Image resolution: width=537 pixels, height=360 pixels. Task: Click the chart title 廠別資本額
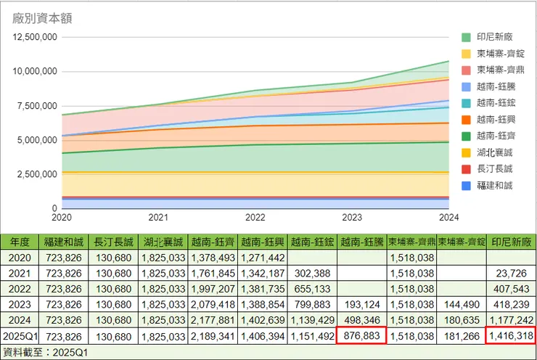[x=42, y=18]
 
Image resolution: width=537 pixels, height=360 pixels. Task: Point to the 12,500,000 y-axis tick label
[x=34, y=37]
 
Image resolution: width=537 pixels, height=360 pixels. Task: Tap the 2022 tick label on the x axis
[x=255, y=217]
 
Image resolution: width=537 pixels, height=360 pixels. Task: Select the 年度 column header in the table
[x=19, y=242]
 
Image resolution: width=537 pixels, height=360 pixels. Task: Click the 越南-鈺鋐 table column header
[x=312, y=242]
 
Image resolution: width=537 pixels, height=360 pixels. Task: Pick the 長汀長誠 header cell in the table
[x=113, y=242]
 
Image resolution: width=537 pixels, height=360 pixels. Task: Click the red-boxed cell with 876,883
[x=361, y=337]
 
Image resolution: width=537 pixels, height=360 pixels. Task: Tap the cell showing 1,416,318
[x=512, y=337]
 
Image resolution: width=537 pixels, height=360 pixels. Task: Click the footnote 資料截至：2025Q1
[x=46, y=352]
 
